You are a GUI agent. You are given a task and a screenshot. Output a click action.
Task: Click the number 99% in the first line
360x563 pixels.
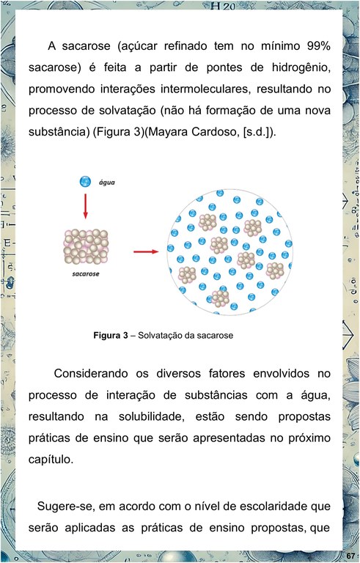pyautogui.click(x=319, y=46)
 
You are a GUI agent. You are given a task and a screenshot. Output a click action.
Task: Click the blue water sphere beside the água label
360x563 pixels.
pyautogui.click(x=85, y=181)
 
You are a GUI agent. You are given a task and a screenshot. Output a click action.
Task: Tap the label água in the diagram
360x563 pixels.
pyautogui.click(x=107, y=183)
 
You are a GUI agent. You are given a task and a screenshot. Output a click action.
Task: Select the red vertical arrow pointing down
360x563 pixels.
pyautogui.click(x=85, y=206)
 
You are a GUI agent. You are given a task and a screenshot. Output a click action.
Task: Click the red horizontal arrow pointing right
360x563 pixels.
pyautogui.click(x=146, y=251)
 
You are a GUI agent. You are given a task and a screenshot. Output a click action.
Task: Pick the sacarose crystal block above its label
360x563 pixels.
pyautogui.click(x=86, y=246)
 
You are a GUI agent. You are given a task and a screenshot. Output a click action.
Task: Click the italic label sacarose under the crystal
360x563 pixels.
pyautogui.click(x=86, y=274)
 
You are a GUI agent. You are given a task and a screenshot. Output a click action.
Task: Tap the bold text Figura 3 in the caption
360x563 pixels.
pyautogui.click(x=111, y=335)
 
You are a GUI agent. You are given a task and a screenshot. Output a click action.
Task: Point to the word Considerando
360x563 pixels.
pyautogui.click(x=91, y=373)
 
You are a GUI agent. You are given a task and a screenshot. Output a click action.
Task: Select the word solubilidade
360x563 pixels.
pyautogui.click(x=152, y=416)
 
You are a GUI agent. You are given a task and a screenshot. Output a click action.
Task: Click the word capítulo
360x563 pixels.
pyautogui.click(x=51, y=460)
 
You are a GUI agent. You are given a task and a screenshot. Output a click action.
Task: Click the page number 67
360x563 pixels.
pyautogui.click(x=351, y=556)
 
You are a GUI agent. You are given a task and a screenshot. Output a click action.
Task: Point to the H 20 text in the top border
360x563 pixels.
pyautogui.click(x=223, y=6)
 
